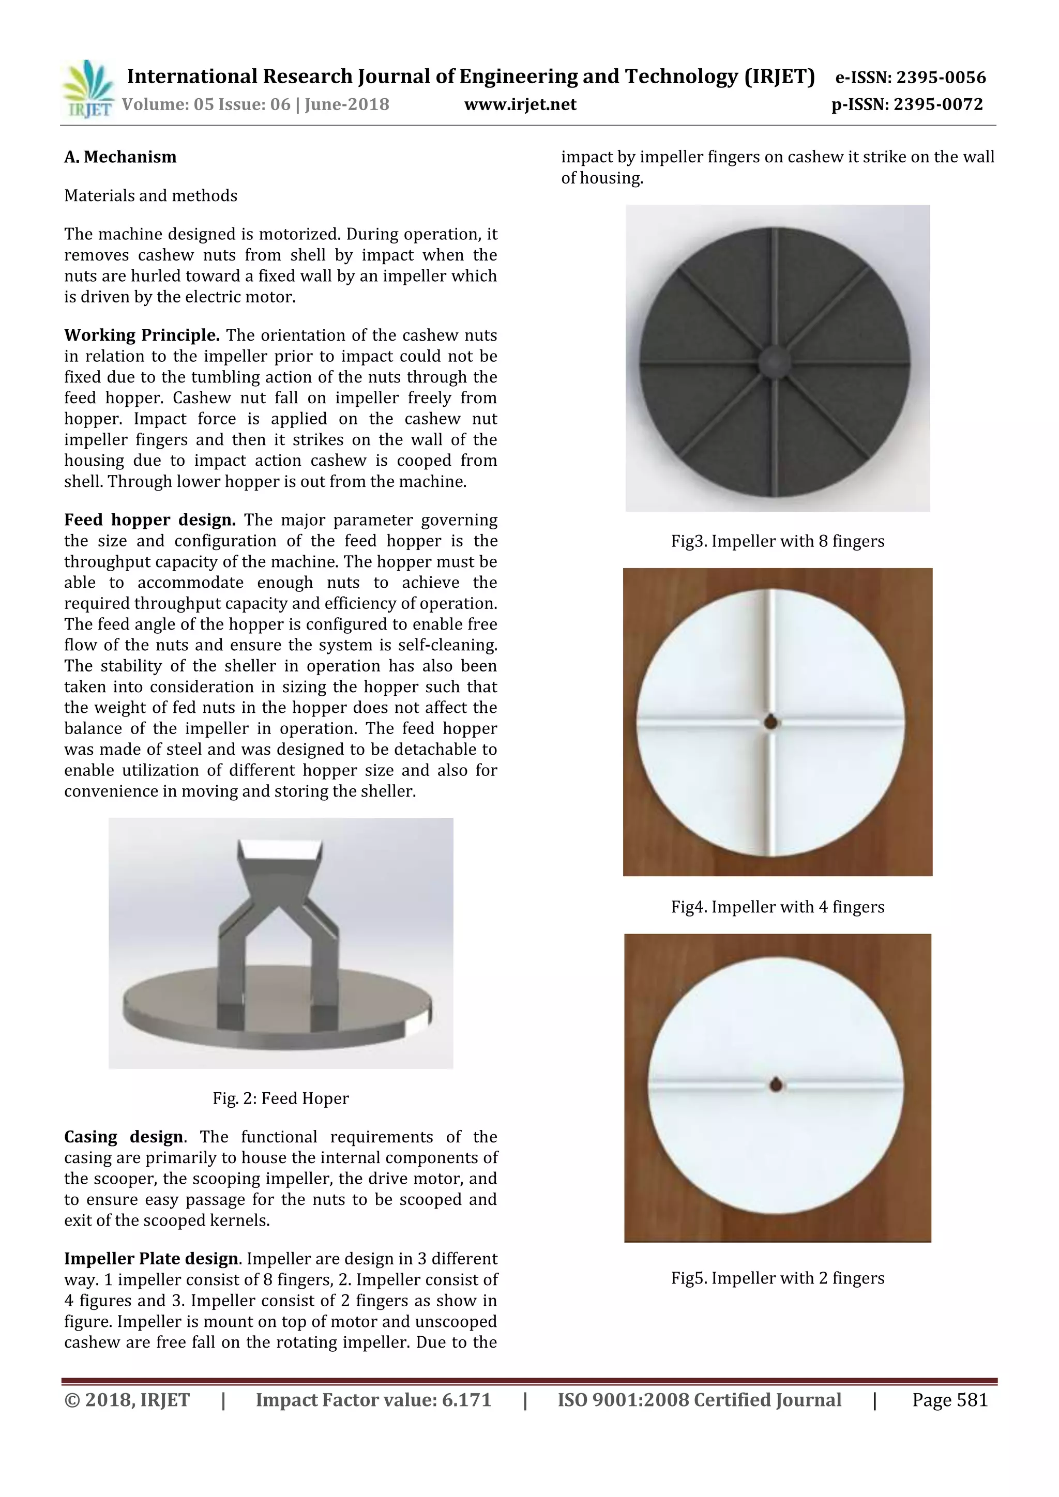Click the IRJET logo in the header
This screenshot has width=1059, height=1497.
click(87, 89)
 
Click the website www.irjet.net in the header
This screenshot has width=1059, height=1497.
click(520, 104)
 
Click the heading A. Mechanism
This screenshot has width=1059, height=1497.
click(120, 157)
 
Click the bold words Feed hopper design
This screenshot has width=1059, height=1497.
click(149, 520)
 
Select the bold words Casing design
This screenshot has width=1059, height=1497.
click(123, 1136)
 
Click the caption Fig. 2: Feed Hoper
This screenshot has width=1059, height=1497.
click(280, 1098)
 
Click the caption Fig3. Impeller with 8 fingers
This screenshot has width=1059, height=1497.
click(777, 541)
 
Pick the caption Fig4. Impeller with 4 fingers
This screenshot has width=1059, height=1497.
click(777, 907)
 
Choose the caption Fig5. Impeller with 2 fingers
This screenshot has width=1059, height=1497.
click(777, 1278)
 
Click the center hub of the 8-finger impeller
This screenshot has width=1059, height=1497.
click(775, 359)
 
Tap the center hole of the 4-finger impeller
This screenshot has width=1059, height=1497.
click(771, 723)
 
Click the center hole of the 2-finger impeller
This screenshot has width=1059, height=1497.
click(775, 1086)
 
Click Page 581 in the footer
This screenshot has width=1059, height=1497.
click(949, 1400)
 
